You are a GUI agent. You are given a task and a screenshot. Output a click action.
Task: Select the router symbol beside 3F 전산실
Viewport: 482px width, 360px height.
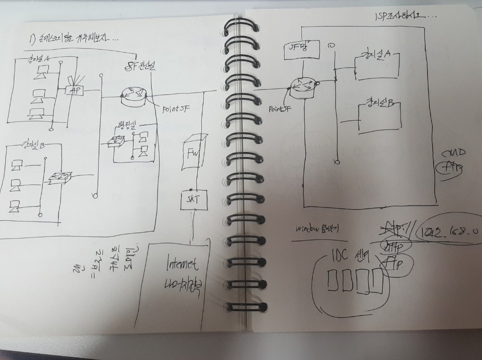pyautogui.click(x=133, y=94)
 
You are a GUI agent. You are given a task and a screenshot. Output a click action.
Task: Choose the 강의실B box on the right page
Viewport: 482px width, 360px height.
pyautogui.click(x=380, y=115)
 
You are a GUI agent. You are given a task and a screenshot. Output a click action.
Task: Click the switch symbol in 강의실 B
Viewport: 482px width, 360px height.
pyautogui.click(x=60, y=177)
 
